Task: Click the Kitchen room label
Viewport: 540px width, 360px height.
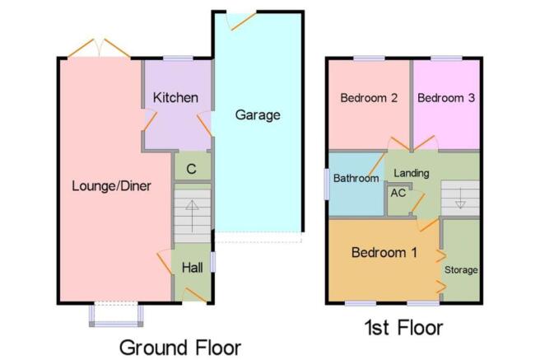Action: (x=175, y=98)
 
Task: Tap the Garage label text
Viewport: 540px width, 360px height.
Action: (x=258, y=115)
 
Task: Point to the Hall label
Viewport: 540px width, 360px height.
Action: (x=192, y=268)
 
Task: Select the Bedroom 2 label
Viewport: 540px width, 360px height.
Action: (x=369, y=98)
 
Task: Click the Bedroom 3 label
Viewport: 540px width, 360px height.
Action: (x=445, y=98)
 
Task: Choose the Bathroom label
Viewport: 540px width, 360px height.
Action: (x=356, y=178)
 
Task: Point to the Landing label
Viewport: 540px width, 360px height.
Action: (x=410, y=173)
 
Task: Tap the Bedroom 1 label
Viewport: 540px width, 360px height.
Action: (x=383, y=253)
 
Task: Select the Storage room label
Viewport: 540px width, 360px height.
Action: (x=461, y=269)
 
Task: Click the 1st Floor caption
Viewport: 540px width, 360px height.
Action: (x=403, y=329)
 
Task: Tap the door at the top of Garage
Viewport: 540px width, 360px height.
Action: (x=242, y=18)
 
